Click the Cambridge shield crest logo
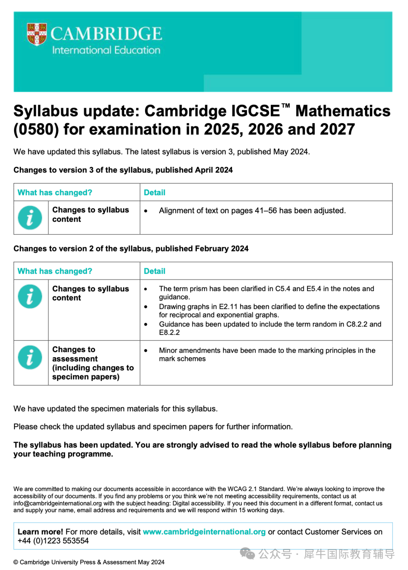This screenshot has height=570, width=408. pyautogui.click(x=37, y=34)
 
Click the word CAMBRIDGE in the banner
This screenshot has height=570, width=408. pyautogui.click(x=106, y=34)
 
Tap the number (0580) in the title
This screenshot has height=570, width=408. pyautogui.click(x=36, y=129)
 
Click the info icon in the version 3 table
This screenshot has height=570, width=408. pyautogui.click(x=30, y=218)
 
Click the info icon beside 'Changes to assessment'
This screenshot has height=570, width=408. pyautogui.click(x=30, y=357)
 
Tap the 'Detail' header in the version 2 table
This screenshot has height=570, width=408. pyautogui.click(x=155, y=271)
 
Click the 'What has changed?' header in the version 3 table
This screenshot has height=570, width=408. pyautogui.click(x=55, y=193)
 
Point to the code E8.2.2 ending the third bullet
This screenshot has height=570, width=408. pyautogui.click(x=169, y=333)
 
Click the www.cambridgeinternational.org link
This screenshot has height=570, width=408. pyautogui.click(x=204, y=532)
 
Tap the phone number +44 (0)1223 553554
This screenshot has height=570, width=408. pyautogui.click(x=53, y=541)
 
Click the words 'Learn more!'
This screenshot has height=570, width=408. pyautogui.click(x=40, y=532)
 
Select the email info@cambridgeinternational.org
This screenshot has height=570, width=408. pyautogui.click(x=58, y=503)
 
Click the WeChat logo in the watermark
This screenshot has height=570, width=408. pyautogui.click(x=248, y=554)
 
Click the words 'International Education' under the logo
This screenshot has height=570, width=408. pyautogui.click(x=106, y=50)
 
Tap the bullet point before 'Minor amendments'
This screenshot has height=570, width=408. pyautogui.click(x=146, y=351)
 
